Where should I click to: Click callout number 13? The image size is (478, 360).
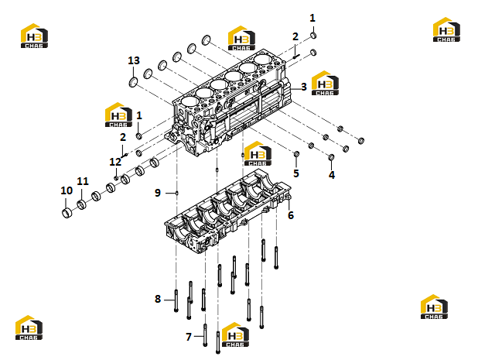(134, 60)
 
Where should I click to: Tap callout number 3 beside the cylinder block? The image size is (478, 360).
(304, 87)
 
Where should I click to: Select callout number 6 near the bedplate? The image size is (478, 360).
(291, 215)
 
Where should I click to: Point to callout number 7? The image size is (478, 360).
(189, 337)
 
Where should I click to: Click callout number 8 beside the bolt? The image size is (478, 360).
(158, 299)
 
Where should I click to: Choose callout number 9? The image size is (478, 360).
(158, 193)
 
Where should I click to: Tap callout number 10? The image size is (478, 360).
(67, 190)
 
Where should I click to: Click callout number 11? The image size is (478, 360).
(83, 181)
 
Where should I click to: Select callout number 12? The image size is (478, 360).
(115, 162)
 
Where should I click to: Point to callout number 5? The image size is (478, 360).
(296, 173)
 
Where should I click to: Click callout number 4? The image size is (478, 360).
(332, 175)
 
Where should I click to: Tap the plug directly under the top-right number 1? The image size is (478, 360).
(313, 36)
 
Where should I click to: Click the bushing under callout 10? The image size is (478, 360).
(67, 213)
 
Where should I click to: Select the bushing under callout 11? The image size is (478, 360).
(81, 204)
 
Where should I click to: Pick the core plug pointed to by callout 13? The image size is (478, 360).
(133, 82)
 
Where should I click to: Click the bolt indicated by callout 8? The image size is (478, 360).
(176, 300)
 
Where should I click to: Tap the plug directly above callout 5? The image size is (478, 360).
(296, 154)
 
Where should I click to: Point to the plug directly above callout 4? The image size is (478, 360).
(331, 157)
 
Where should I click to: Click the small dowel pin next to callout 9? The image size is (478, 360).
(177, 193)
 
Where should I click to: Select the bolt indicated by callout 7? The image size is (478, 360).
(205, 335)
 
